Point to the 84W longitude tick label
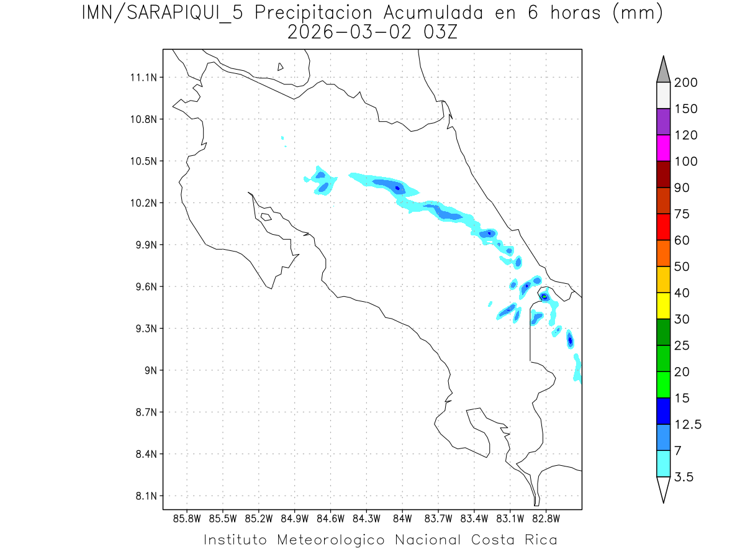tap(402, 517)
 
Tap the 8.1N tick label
tap(145, 496)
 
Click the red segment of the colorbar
tap(663, 227)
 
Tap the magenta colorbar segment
tap(663, 148)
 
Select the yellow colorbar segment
tap(663, 306)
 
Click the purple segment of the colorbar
tap(663, 122)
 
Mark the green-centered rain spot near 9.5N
tap(544, 296)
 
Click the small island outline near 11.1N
tap(281, 66)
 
